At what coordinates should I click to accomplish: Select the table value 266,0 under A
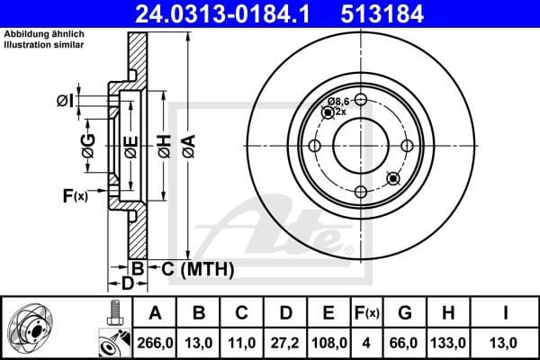[x=157, y=342]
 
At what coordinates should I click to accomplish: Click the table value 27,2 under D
[x=286, y=342]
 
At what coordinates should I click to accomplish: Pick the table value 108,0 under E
[x=329, y=342]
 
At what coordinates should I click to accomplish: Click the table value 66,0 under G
[x=405, y=342]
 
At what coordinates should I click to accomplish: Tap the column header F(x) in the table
[x=367, y=313]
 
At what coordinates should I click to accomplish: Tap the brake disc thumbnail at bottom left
[x=36, y=328]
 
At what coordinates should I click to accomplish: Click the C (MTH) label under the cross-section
[x=192, y=268]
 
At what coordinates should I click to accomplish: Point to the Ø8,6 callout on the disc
[x=338, y=101]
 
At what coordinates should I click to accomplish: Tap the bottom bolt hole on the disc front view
[x=359, y=191]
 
